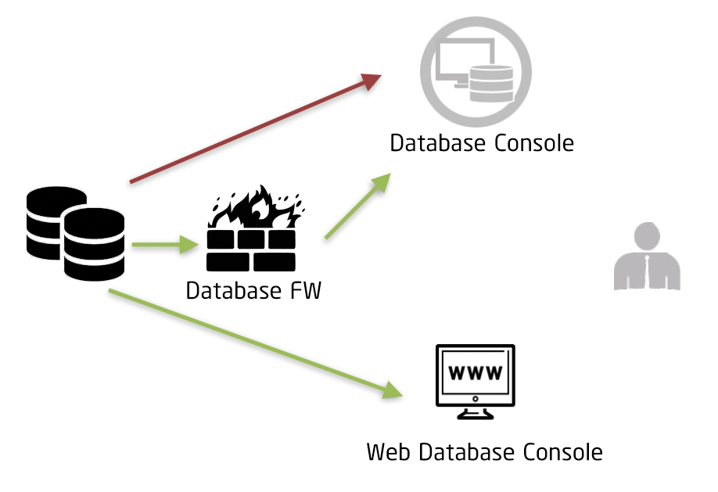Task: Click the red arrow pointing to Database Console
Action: pyautogui.click(x=255, y=129)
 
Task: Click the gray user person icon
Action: pyautogui.click(x=647, y=257)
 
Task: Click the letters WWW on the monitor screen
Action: pyautogui.click(x=475, y=372)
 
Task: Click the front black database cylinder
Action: pyautogui.click(x=94, y=244)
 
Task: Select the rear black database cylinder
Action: pyautogui.click(x=53, y=211)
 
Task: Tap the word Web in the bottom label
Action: pyautogui.click(x=389, y=452)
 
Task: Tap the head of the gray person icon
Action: pyautogui.click(x=647, y=235)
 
